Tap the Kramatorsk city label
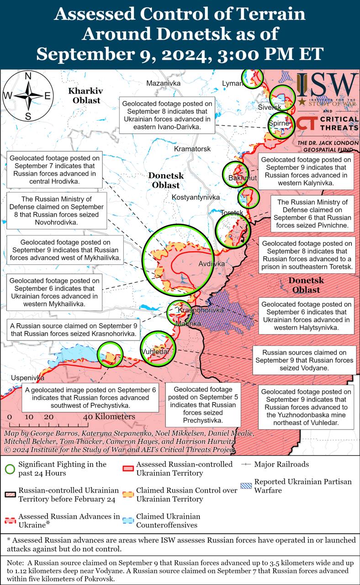[192, 149]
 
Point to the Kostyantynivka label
[196, 197]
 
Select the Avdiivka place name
[212, 264]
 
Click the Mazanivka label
[163, 83]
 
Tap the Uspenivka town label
[21, 378]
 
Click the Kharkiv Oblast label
[85, 95]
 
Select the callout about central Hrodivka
[54, 170]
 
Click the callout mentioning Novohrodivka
[57, 211]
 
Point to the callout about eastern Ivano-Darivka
[167, 115]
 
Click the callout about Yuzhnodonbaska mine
[306, 408]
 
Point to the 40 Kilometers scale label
[109, 417]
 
